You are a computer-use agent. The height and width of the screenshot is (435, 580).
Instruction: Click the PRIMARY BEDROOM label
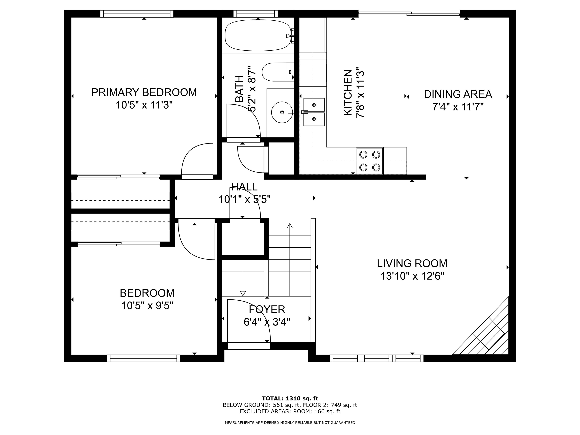(144, 93)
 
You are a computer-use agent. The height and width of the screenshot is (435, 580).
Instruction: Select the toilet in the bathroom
(278, 72)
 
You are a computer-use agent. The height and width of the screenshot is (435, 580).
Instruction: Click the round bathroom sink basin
(282, 112)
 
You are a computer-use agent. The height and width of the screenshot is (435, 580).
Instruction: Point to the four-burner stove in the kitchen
(369, 161)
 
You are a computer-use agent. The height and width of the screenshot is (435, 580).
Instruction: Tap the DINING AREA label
(458, 94)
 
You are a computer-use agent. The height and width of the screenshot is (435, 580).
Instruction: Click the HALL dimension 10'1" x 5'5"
(244, 200)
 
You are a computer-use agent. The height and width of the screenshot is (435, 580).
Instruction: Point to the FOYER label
(267, 309)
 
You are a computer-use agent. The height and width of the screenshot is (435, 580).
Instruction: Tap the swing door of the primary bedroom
(197, 160)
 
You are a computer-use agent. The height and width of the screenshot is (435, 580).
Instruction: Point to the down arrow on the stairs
(243, 293)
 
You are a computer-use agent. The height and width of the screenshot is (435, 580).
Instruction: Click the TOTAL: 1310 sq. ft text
(290, 399)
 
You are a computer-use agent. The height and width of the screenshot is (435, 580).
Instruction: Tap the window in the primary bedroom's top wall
(137, 14)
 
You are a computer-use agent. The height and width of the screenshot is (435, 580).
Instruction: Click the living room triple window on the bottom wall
(376, 358)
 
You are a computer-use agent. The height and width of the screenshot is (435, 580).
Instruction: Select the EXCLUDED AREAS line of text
(290, 411)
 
